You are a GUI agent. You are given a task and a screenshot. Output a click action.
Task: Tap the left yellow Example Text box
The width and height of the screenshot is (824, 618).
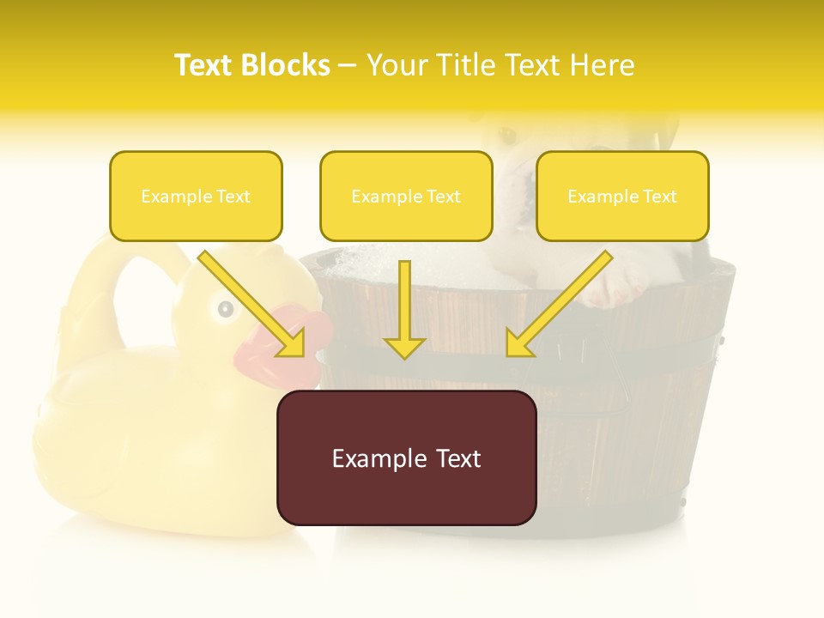[x=196, y=196]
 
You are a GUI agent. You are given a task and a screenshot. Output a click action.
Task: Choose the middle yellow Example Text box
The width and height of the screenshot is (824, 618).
[x=406, y=196]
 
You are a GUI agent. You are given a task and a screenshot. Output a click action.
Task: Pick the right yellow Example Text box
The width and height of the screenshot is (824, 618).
[x=622, y=196]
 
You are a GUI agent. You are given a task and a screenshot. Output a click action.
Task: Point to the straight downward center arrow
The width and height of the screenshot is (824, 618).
[x=404, y=309]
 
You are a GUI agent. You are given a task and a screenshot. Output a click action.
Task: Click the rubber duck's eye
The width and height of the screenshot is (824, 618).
[x=225, y=308]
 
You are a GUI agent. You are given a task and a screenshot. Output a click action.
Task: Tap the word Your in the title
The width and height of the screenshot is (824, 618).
[x=397, y=65]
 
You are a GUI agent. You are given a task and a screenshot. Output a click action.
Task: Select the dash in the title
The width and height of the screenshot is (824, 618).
[x=348, y=66]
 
